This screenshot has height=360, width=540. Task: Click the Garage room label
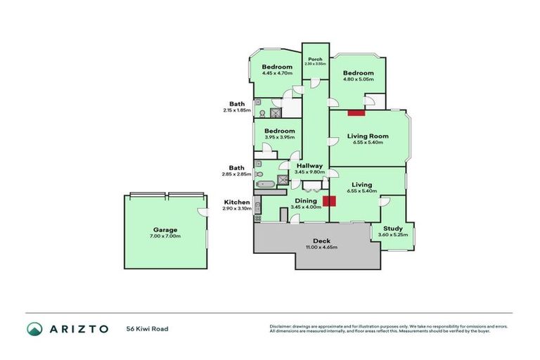click(166, 229)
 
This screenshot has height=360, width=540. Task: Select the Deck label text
click(321, 241)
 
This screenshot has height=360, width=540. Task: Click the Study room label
click(392, 229)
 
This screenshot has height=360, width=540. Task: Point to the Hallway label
click(309, 165)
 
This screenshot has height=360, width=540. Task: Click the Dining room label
click(306, 200)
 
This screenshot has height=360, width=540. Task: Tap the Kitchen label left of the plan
click(238, 202)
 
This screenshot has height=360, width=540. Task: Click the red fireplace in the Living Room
click(356, 112)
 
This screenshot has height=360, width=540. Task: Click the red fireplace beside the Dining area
click(329, 201)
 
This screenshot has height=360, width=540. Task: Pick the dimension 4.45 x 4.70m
click(277, 73)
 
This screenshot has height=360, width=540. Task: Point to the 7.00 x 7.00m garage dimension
click(166, 236)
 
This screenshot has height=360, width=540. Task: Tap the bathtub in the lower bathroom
click(266, 185)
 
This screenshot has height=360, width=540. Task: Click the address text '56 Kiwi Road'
click(147, 328)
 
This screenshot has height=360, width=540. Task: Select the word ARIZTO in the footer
click(78, 328)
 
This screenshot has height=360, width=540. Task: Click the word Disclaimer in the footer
click(282, 326)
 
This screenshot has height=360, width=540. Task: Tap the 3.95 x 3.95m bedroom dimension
click(278, 137)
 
